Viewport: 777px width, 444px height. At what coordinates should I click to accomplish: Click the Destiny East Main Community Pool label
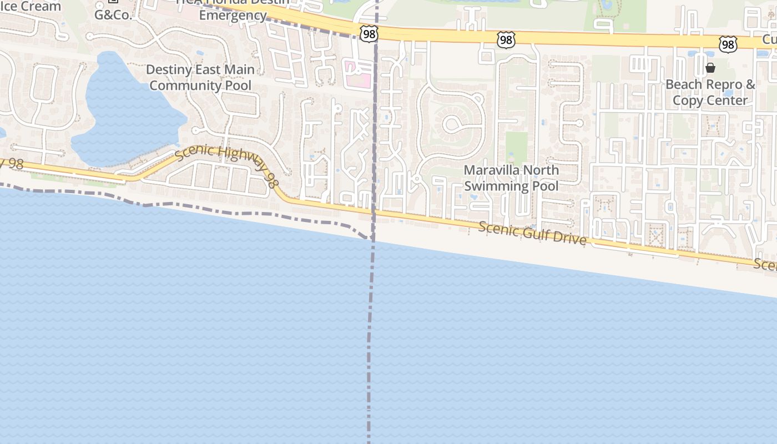click(200, 78)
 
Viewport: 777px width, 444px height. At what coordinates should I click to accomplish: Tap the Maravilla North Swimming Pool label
click(511, 178)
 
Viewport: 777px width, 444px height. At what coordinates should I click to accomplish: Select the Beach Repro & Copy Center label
click(710, 93)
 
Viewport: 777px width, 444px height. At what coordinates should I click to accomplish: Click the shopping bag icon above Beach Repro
click(710, 68)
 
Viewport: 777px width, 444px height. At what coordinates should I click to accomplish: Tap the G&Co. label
click(113, 15)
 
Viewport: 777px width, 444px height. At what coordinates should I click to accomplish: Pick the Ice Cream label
click(31, 7)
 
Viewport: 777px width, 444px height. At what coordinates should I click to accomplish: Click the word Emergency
click(233, 16)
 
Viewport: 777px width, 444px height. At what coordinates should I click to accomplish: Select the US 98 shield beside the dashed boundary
click(369, 34)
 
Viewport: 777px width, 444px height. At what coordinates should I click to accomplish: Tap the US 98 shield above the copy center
click(727, 44)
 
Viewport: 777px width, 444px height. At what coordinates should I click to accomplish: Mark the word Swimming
click(490, 186)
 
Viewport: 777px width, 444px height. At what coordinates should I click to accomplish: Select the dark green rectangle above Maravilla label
click(517, 147)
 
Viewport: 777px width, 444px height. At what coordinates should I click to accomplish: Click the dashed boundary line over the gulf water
click(370, 344)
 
